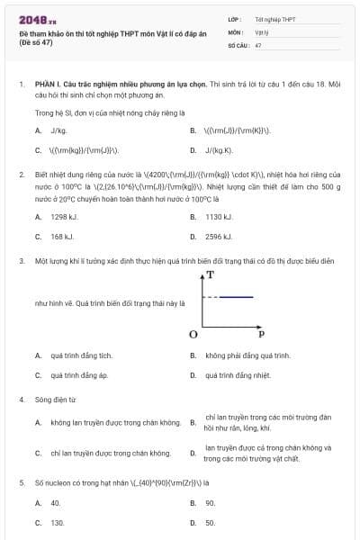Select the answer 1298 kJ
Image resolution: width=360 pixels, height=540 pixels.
tap(65, 217)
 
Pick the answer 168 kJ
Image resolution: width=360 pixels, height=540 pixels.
tap(62, 237)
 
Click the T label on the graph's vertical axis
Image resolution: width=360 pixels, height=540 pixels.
tap(210, 274)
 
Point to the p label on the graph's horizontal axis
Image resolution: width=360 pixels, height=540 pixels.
tap(261, 334)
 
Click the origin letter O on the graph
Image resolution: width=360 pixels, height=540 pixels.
tap(193, 334)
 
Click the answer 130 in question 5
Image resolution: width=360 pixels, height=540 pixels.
tap(57, 522)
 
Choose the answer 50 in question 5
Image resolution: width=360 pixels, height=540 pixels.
tap(210, 522)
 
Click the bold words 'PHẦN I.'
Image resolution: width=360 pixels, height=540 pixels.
tap(49, 82)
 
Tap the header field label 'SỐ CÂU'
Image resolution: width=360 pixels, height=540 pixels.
tap(238, 44)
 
